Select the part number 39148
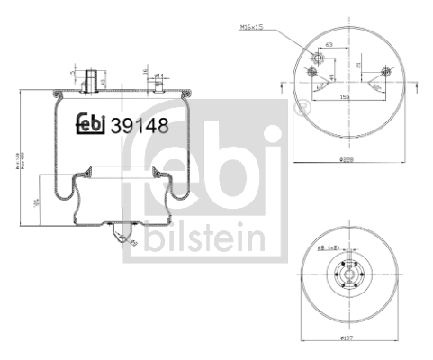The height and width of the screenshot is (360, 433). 138,125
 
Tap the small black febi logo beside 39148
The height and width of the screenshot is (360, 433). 89,124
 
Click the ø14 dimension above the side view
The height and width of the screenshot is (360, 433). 157,75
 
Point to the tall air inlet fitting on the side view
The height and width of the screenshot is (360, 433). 90,79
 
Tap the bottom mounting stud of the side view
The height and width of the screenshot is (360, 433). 121,236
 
